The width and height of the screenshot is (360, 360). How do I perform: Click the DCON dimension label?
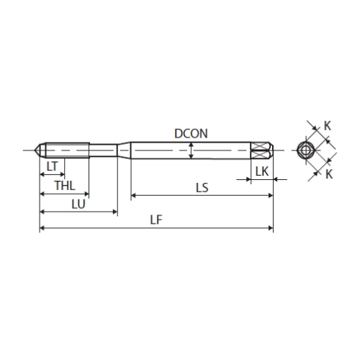pos(191,134)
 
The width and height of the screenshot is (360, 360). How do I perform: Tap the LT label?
pos(53,166)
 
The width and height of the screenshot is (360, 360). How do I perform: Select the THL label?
pos(65,186)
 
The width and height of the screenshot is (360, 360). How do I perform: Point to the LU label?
pos(78,204)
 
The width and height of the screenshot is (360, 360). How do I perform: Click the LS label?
pos(202,188)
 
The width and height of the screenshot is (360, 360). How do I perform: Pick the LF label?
pos(156,220)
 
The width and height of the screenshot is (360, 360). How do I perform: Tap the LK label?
pos(262,171)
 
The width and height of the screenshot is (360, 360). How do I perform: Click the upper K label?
pos(328,126)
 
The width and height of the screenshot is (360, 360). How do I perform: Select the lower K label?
pos(329,174)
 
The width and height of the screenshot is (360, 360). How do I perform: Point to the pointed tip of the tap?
pos(35,150)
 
